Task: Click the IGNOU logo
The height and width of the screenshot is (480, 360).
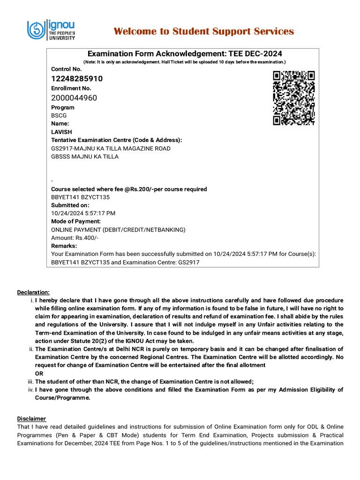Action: (51, 30)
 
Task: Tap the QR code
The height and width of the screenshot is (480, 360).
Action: (293, 98)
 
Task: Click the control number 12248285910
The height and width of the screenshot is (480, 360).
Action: (77, 79)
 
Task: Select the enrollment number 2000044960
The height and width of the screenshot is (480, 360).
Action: (74, 98)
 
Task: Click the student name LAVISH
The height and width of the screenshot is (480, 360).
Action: (61, 132)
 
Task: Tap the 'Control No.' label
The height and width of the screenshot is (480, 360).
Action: (66, 69)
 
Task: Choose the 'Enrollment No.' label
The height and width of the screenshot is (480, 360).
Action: (71, 89)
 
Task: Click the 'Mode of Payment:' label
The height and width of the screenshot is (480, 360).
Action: (76, 221)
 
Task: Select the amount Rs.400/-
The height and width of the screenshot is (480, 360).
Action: (75, 238)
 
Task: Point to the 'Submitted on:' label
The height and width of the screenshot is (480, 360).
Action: (70, 205)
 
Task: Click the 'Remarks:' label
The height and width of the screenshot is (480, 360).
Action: (64, 246)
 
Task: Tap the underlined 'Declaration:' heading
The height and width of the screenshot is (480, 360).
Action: (33, 292)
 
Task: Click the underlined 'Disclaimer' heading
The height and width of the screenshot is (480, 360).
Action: (32, 419)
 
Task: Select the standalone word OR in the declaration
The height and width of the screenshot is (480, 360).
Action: (39, 374)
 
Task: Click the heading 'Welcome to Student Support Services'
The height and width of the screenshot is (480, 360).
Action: (204, 31)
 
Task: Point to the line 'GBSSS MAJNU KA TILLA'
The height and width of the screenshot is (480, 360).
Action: (85, 157)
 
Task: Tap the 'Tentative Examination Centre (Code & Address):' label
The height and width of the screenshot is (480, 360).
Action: (117, 140)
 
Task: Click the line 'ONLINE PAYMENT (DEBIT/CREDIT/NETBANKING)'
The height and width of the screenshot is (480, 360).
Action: (118, 230)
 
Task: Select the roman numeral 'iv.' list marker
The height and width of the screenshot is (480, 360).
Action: (31, 390)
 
